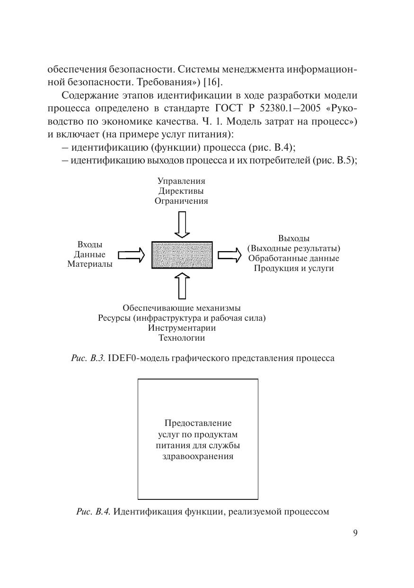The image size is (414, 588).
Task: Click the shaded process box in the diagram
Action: (182, 255)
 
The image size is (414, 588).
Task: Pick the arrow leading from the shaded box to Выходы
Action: (229, 255)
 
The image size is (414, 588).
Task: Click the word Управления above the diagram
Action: (182, 181)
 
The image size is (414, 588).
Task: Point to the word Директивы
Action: (182, 191)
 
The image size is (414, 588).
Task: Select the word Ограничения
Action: (182, 201)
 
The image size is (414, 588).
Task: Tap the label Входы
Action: (89, 244)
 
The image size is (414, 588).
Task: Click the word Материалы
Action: (90, 264)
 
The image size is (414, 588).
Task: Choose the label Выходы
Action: (294, 238)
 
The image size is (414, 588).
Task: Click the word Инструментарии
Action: (182, 328)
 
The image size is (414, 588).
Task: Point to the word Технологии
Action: (182, 338)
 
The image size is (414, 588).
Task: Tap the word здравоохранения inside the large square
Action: (198, 457)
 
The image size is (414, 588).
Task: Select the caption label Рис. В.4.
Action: (93, 512)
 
